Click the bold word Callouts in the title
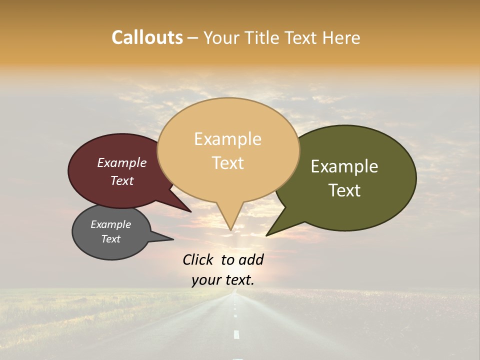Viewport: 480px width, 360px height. coord(147,37)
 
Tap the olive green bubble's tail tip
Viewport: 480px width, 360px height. coord(267,234)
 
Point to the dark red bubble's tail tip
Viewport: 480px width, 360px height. coord(190,211)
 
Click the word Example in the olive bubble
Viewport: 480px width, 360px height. coord(344,166)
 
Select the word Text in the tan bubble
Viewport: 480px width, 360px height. coord(228,163)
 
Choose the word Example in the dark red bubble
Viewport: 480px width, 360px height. coord(122,163)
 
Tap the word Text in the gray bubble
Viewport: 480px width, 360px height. coord(111,239)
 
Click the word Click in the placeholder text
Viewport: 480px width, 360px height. coord(197,259)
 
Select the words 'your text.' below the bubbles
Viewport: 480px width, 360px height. coord(223,280)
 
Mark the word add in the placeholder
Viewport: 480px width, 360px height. coord(251,259)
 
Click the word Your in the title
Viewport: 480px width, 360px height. coord(221,37)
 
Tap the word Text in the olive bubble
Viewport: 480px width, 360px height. coord(344,190)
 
